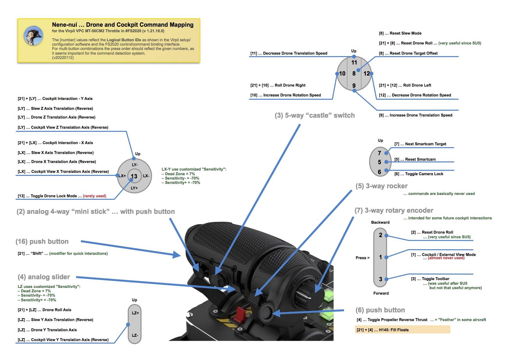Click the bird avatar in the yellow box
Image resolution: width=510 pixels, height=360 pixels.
(33, 36)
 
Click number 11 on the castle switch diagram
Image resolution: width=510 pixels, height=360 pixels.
(354, 62)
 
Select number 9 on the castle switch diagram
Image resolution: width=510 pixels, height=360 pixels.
(354, 86)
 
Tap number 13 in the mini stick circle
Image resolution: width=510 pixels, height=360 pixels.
(134, 176)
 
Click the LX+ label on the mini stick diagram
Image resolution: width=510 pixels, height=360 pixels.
(122, 176)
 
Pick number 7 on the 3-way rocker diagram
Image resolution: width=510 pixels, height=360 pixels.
(379, 153)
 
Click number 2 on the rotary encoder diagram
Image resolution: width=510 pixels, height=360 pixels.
(380, 235)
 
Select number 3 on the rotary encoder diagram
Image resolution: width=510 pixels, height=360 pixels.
(380, 279)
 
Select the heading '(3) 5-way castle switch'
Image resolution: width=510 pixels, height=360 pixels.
(315, 115)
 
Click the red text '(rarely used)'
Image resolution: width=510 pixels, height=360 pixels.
(94, 196)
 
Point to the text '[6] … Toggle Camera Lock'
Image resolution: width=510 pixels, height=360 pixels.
(419, 174)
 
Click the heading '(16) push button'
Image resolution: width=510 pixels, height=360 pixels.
(42, 241)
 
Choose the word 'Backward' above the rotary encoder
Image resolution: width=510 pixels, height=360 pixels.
(380, 222)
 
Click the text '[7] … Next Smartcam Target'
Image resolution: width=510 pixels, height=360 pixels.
(420, 144)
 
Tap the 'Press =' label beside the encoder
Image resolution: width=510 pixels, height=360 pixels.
(362, 258)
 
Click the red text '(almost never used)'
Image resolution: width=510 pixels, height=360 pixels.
(446, 258)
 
